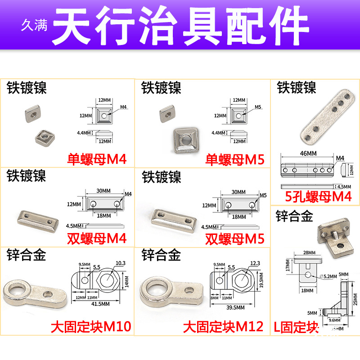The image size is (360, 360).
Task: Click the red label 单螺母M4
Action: pos(97,159)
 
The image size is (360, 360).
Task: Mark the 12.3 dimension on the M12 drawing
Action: pos(255,263)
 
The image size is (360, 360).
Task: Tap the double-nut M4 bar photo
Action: pos(39,219)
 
